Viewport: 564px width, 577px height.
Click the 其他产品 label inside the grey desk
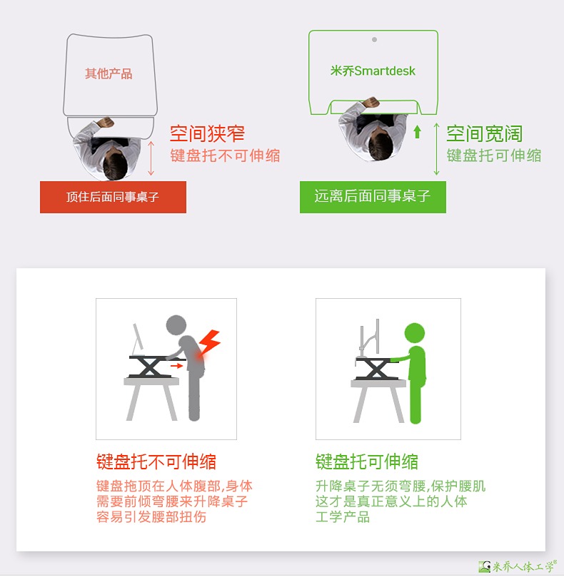(109, 73)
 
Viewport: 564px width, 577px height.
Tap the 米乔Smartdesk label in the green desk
(373, 71)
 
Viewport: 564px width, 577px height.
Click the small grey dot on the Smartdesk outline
(374, 40)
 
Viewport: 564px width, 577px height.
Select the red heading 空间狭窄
(208, 133)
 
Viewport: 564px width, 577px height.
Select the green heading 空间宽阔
(485, 133)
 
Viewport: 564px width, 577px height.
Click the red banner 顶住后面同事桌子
(113, 197)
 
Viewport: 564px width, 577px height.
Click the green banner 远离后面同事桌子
(373, 197)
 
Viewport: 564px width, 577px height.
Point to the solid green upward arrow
(417, 132)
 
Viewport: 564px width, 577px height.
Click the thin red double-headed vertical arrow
(151, 158)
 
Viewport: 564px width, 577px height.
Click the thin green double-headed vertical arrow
(436, 148)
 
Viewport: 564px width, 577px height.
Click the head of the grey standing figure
(176, 325)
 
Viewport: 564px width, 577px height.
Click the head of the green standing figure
(415, 333)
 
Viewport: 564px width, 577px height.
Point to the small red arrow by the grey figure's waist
(177, 365)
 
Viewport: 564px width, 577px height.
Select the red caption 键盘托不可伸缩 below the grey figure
(156, 462)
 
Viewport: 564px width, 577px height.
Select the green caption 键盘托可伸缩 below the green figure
(367, 462)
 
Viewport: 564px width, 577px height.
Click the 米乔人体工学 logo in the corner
(517, 566)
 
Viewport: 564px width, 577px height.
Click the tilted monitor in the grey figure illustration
(138, 337)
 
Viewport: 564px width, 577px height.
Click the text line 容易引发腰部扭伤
(151, 517)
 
